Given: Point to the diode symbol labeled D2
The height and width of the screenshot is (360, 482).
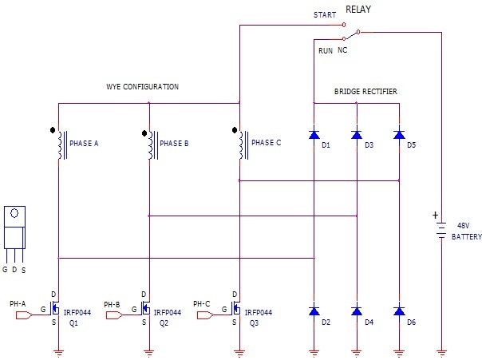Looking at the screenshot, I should coord(314,311).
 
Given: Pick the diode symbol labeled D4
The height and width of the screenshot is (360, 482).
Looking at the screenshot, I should coord(356,311).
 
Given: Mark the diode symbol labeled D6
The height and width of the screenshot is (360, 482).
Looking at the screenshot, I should coord(398,311).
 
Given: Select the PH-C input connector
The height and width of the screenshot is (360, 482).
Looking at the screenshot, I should coord(203,315).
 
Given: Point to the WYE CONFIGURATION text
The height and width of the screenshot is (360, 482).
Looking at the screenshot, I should coord(143,85).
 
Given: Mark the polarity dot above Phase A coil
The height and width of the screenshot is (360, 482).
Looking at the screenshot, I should coord(53,129).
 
